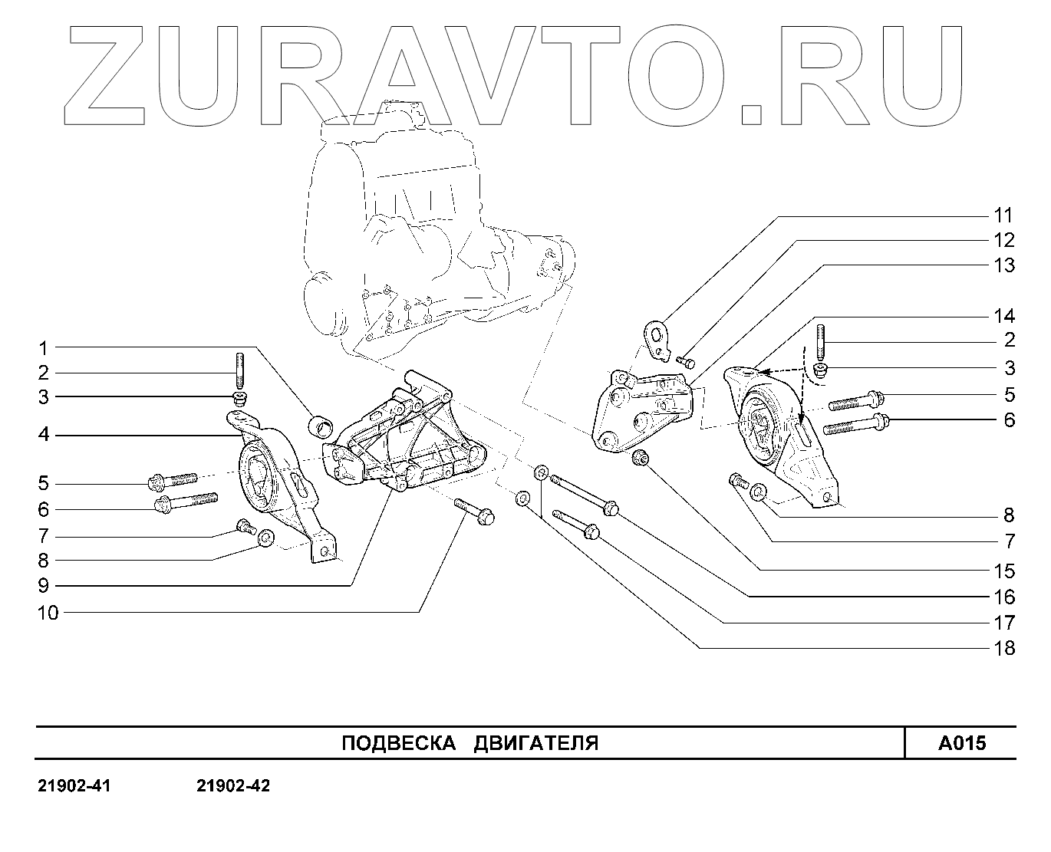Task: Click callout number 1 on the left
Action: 44,348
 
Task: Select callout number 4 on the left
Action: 44,435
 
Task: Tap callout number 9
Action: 44,586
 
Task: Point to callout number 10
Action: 48,612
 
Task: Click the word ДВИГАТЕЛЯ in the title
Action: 535,743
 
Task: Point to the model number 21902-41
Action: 74,786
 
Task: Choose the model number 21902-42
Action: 233,786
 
